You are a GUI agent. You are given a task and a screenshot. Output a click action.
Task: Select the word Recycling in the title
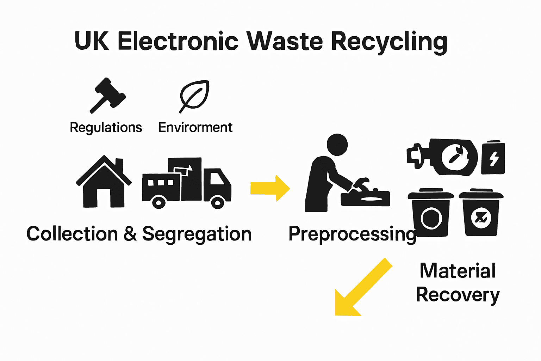[x=389, y=42]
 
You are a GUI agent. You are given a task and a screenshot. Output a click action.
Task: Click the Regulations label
[x=106, y=127]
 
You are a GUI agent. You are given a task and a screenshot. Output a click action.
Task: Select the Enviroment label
[x=195, y=127]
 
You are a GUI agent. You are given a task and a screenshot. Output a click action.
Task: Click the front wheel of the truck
[x=217, y=202]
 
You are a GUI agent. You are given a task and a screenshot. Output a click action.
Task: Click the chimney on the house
[x=119, y=165]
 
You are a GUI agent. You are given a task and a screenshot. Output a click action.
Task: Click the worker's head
[x=337, y=144]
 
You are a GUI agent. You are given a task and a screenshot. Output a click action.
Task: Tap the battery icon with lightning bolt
[x=493, y=158]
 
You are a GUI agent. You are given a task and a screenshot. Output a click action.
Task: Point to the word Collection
[x=72, y=234]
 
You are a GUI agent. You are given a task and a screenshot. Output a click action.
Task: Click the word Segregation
[x=197, y=234]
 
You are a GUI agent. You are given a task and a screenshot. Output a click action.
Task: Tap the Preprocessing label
[x=352, y=234]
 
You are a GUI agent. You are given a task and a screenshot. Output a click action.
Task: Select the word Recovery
[x=458, y=295]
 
